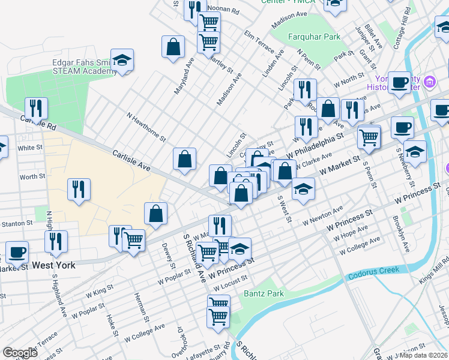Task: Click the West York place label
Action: coord(53,265)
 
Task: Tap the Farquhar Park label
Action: coord(314,37)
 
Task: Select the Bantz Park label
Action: coord(264,294)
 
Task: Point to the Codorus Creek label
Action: coord(372,274)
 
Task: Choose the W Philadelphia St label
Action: coord(315,146)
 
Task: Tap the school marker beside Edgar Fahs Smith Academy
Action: coord(122,61)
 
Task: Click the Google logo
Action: coord(20,353)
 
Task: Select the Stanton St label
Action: coord(16,223)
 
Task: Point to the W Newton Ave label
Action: coord(322,215)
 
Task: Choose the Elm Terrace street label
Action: coord(259,41)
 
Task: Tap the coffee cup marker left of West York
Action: coord(17,253)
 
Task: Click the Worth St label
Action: coord(32,177)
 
